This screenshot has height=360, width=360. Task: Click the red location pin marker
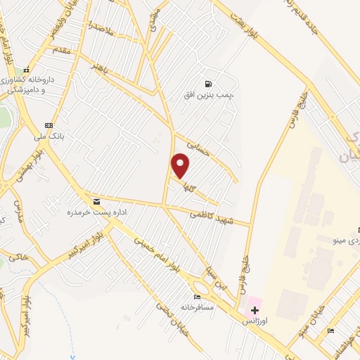coord(181,166)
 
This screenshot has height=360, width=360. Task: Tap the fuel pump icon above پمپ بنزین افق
coord(207,82)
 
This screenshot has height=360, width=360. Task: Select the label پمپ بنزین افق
coord(212,94)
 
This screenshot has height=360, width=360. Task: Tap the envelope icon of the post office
coord(96,202)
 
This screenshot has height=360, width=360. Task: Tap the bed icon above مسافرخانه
coord(197,297)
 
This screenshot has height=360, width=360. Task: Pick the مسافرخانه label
coord(196,307)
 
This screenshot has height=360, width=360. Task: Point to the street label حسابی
coord(198,146)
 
